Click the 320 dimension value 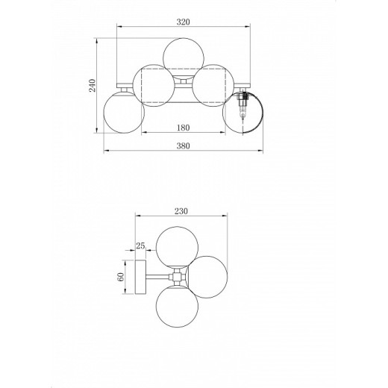(x=184, y=22)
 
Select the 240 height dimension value (x=93, y=85)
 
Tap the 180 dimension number (x=184, y=128)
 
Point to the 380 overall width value (x=184, y=145)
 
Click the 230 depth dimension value (x=181, y=211)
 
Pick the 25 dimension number (x=140, y=245)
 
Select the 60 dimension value (x=120, y=277)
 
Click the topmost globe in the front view (x=184, y=54)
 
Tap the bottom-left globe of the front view (x=124, y=112)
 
